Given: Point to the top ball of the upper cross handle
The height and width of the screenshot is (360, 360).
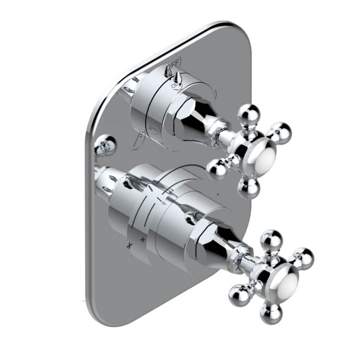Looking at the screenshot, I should point(249,113).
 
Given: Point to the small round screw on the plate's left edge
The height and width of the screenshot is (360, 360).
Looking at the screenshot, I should point(105,145).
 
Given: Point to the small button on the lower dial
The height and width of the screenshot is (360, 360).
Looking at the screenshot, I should point(188,218).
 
